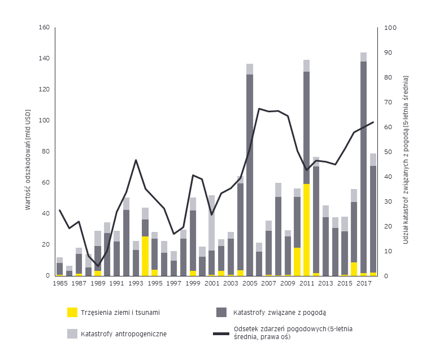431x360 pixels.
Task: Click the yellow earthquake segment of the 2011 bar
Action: point(306,230)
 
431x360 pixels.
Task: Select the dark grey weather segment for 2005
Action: point(249,175)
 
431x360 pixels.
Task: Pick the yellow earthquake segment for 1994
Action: point(145,256)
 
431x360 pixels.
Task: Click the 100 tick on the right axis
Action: point(390,28)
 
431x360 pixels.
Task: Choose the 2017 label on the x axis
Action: point(363,284)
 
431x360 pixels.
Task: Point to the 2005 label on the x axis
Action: point(249,284)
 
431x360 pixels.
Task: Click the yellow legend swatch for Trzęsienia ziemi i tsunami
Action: point(72,312)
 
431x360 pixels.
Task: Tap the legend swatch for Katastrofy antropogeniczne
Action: point(72,333)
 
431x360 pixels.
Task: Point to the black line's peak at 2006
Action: point(259,108)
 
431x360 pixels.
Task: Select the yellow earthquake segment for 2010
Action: point(297,262)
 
